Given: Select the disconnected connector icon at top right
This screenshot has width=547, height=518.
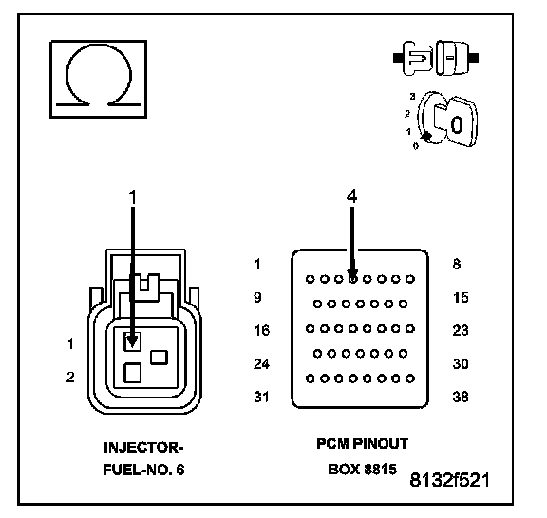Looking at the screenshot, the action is (436, 58).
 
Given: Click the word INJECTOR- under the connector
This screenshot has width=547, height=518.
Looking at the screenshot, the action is (143, 448).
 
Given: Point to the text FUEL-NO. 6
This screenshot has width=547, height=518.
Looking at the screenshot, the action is (143, 470).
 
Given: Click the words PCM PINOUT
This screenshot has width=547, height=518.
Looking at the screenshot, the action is (362, 444).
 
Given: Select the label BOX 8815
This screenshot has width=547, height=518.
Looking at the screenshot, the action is (362, 470).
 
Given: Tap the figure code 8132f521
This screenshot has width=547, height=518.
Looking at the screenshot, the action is (449, 480).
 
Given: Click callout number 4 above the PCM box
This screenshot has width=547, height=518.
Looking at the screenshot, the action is (352, 196).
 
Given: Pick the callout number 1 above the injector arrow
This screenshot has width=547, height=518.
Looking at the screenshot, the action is (133, 197).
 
